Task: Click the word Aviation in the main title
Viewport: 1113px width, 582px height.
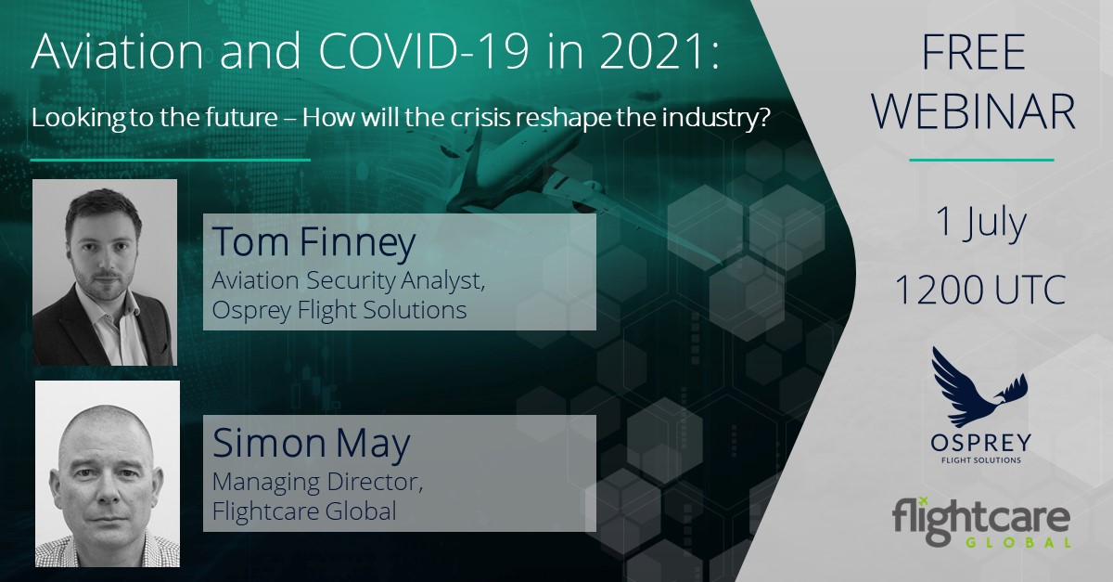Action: tap(117, 51)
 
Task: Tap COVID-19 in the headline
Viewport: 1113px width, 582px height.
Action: tap(423, 51)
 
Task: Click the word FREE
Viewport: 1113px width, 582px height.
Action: tap(974, 52)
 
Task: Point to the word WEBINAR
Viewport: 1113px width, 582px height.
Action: tap(974, 112)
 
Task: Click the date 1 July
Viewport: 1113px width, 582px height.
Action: tap(981, 223)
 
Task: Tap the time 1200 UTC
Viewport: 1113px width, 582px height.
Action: tap(980, 290)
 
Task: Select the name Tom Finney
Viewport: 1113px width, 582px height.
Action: tap(313, 242)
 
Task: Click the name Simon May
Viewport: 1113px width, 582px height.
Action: tap(312, 443)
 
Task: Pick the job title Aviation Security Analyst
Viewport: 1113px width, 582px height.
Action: tap(349, 280)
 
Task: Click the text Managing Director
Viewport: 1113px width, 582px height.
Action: tap(317, 482)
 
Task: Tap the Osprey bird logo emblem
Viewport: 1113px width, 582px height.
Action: tap(979, 387)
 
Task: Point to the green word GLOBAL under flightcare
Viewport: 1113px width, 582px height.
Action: tap(1017, 542)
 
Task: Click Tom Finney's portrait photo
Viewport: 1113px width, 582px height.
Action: tap(105, 273)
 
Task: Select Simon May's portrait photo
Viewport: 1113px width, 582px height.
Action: tap(108, 474)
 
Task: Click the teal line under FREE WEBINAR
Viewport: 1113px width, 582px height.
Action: tap(981, 161)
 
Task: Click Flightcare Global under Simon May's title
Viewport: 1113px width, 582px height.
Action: tap(304, 511)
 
